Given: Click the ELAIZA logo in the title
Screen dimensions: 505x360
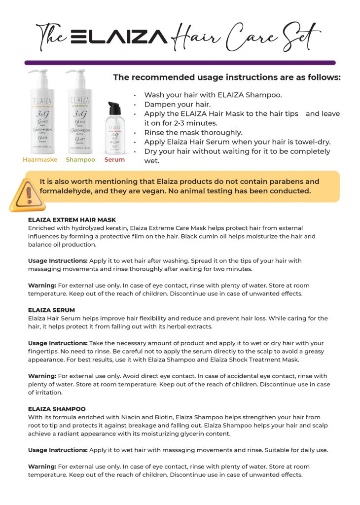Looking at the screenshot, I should (x=119, y=36).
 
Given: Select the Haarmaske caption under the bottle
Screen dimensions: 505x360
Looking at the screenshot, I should (x=40, y=160).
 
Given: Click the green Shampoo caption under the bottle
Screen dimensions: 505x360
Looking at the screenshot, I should (x=80, y=160).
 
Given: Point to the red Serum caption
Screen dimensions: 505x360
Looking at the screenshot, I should (x=114, y=160).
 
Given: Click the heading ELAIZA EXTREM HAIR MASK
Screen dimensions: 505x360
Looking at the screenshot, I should (x=72, y=219).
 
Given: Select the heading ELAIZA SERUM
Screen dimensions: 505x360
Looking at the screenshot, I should (x=52, y=310).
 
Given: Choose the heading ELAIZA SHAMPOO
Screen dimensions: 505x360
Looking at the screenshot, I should (x=57, y=409).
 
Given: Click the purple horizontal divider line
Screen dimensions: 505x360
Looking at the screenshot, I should (x=180, y=63).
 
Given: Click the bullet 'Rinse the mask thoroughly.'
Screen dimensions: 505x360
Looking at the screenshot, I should (x=193, y=132).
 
